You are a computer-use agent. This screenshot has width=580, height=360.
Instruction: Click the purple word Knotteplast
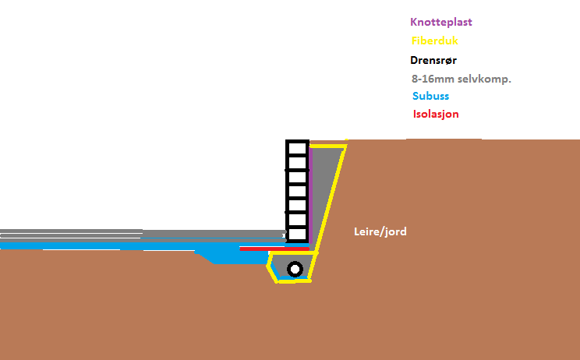[x=443, y=23]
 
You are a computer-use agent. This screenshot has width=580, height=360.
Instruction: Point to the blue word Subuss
[x=430, y=97]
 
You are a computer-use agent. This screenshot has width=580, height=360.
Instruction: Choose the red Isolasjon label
[x=436, y=115]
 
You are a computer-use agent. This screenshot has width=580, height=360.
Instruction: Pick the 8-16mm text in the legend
[x=433, y=79]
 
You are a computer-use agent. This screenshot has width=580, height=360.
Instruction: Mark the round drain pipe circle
[x=295, y=270]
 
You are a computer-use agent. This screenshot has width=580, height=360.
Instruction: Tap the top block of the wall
[x=297, y=148]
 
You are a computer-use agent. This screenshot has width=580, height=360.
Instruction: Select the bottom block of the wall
[x=297, y=234]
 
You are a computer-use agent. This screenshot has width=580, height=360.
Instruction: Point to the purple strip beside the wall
[x=311, y=195]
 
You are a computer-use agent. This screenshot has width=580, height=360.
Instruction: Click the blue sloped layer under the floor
[x=226, y=256]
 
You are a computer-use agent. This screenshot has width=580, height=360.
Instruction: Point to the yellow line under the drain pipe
[x=292, y=281]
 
